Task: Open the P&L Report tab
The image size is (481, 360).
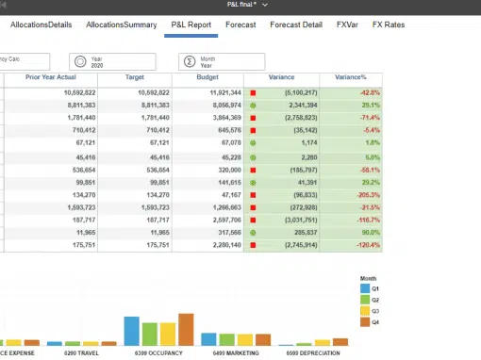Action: point(192,24)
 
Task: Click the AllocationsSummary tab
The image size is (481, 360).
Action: point(121,24)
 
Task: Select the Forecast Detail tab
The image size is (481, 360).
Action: point(296,24)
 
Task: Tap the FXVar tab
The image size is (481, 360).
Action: point(348,24)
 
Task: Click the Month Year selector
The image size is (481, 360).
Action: point(216,61)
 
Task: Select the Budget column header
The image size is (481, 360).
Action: point(207,78)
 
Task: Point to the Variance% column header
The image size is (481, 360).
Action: point(352,78)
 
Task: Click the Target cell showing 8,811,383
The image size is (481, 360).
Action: point(151,106)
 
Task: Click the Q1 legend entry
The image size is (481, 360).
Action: point(370,289)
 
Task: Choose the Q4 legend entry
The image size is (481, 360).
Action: point(370,322)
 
